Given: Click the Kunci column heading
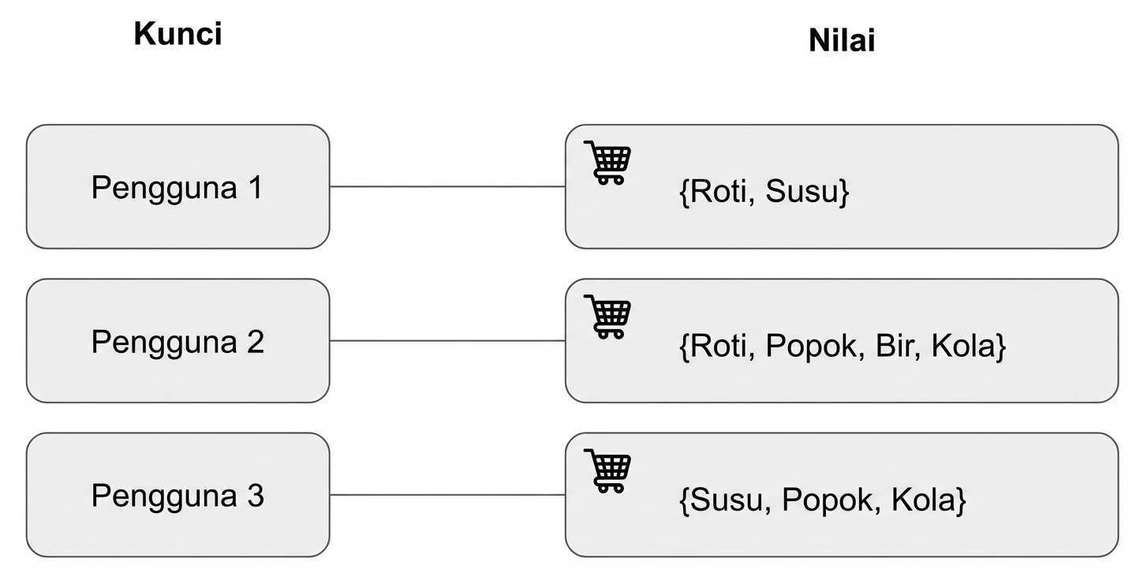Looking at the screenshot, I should (177, 34).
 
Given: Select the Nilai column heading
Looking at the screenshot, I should (841, 40).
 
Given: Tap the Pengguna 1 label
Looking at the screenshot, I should (177, 188).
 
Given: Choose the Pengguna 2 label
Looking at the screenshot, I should (177, 342).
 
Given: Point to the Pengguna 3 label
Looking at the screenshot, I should (177, 496).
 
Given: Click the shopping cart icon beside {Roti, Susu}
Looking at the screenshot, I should (608, 163).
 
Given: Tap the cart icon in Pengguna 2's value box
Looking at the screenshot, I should (608, 317).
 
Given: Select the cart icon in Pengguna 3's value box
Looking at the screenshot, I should (608, 470).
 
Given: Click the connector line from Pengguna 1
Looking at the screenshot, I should (447, 187).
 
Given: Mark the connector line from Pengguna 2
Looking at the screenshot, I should (447, 341).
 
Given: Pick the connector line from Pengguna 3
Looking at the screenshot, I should (447, 495).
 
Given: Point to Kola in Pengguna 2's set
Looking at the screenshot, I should (963, 347).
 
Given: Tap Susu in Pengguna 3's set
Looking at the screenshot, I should (723, 500).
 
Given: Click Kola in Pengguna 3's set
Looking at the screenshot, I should (923, 500).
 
